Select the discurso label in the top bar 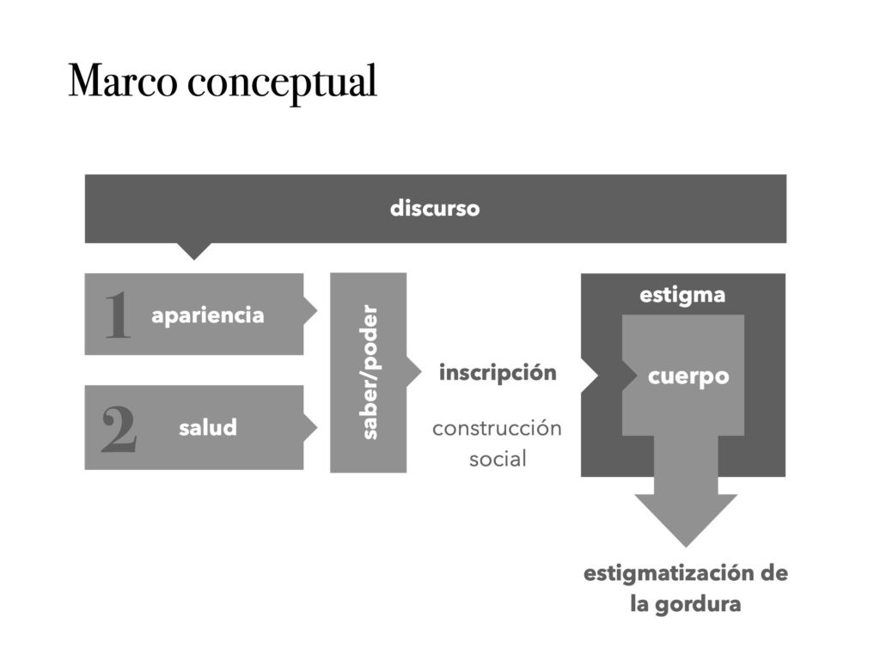tap(435, 209)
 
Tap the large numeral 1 tap(118, 315)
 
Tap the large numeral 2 tap(119, 429)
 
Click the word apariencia tap(208, 315)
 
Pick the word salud tap(208, 427)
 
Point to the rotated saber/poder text tap(370, 372)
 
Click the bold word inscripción tap(498, 373)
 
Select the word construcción tap(497, 428)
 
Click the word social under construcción tap(498, 459)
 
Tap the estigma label tap(682, 296)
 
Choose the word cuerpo tap(688, 376)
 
